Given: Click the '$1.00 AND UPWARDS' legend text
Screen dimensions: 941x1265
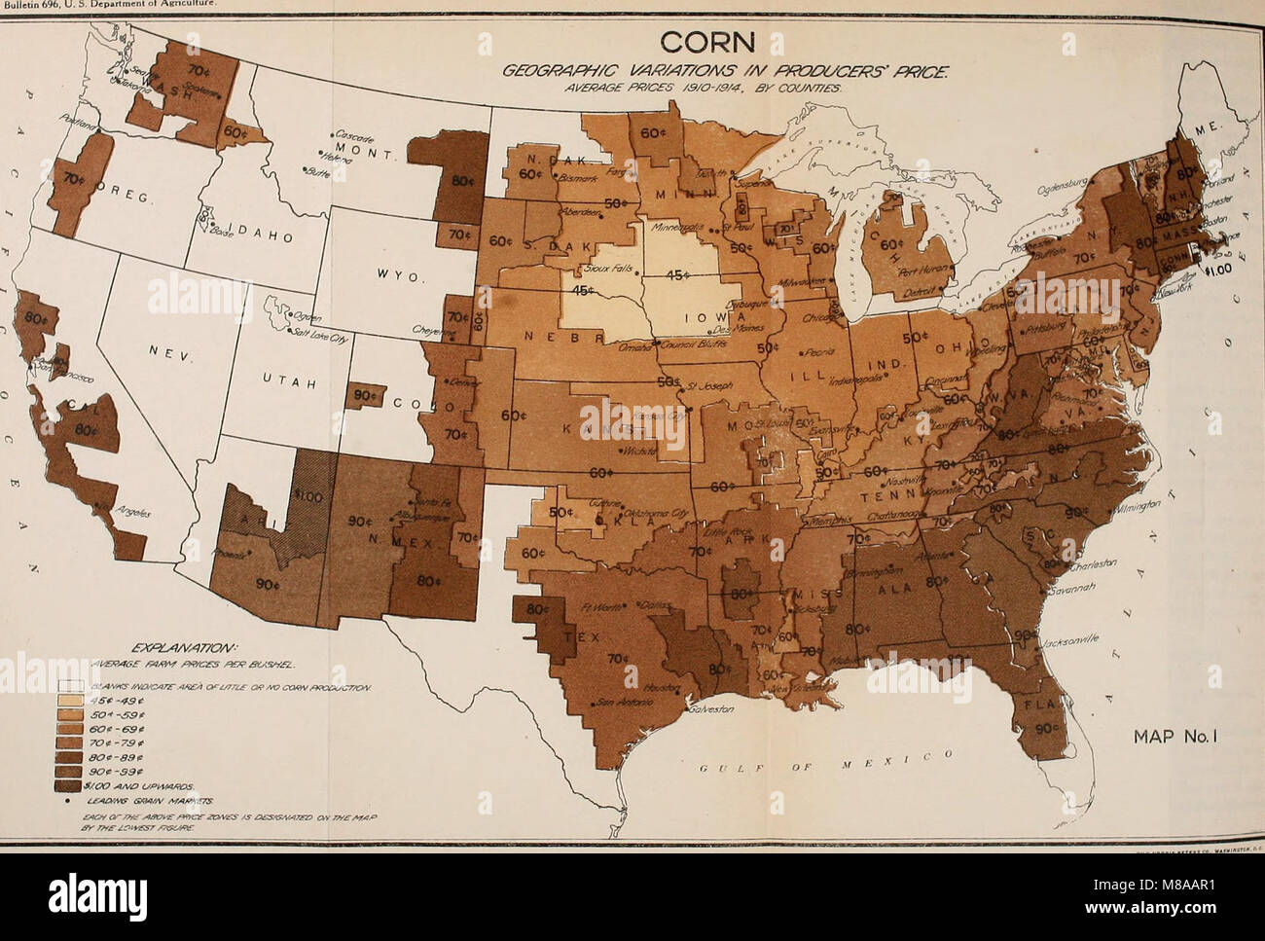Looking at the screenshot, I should coord(150,785).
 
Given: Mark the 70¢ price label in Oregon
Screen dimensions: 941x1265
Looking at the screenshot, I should coord(70,180).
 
